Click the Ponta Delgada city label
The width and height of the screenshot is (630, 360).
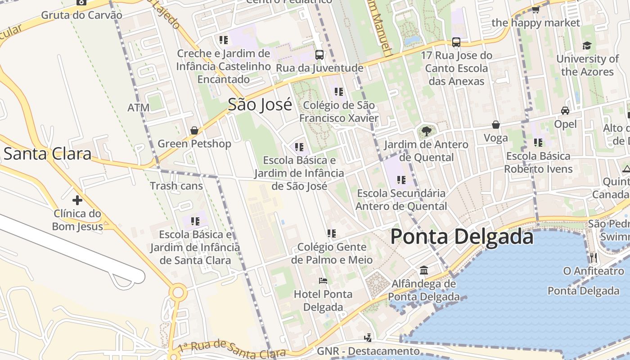[462, 236]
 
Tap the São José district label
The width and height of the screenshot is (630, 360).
[260, 104]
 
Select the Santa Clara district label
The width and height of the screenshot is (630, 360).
[48, 154]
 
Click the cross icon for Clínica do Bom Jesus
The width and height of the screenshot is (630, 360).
[77, 200]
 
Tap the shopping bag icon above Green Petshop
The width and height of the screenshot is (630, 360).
[194, 130]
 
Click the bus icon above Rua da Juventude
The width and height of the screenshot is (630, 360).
[319, 55]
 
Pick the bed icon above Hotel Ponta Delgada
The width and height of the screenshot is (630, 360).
[323, 281]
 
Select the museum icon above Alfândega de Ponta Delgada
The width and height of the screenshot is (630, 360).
[424, 270]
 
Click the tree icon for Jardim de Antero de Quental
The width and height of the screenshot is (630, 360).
[426, 131]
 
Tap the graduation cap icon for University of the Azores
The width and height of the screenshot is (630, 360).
[587, 45]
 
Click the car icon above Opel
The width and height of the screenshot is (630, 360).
[565, 111]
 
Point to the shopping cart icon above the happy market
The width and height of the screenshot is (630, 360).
[535, 9]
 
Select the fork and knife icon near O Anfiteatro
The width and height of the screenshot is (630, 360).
[593, 257]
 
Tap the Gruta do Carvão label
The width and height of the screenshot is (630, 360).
[81, 15]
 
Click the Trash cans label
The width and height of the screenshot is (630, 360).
[176, 186]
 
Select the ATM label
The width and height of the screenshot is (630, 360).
[138, 108]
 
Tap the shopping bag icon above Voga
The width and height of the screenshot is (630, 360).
[496, 125]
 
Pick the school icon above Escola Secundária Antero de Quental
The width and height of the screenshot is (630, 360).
[401, 180]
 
